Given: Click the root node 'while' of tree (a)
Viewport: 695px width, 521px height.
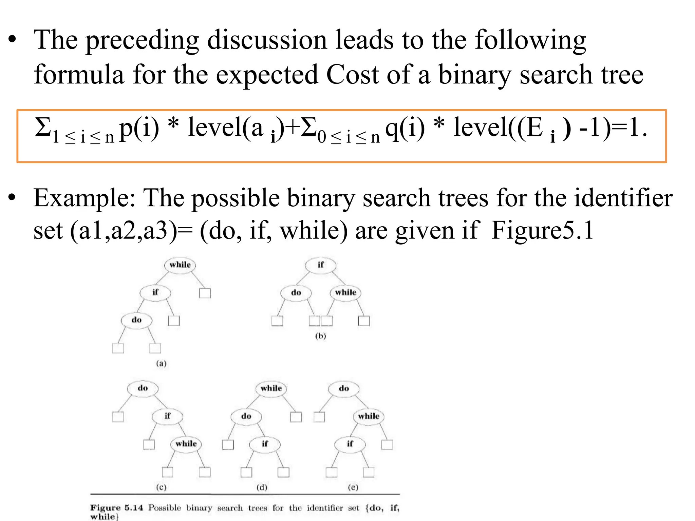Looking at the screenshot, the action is pyautogui.click(x=180, y=265).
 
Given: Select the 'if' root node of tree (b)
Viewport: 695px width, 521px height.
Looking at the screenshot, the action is pyautogui.click(x=321, y=265).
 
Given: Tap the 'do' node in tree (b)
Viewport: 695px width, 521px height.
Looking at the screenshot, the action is pyautogui.click(x=296, y=293).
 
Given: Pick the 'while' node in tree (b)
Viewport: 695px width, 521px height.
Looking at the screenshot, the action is pyautogui.click(x=345, y=293).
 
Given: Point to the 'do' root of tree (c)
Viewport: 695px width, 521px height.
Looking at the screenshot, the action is pyautogui.click(x=143, y=388).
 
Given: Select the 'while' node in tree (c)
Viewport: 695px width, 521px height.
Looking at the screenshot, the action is pyautogui.click(x=186, y=444).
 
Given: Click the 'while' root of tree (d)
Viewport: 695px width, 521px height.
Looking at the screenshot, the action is pyautogui.click(x=271, y=388).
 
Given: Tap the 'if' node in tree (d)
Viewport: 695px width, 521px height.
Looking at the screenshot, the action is pyautogui.click(x=265, y=444).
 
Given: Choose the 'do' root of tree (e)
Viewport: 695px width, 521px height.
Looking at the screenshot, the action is pyautogui.click(x=344, y=388).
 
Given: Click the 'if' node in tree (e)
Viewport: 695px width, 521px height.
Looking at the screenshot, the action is pyautogui.click(x=350, y=444).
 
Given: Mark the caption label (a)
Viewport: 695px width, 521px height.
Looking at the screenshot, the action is pyautogui.click(x=161, y=364).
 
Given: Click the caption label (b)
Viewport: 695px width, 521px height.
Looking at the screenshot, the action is pyautogui.click(x=320, y=336).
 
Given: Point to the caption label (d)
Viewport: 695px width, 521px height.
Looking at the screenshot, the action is pyautogui.click(x=262, y=487).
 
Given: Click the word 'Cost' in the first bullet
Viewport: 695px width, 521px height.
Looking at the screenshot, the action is pyautogui.click(x=352, y=75).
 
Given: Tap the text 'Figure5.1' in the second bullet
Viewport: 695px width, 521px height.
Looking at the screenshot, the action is pyautogui.click(x=542, y=231).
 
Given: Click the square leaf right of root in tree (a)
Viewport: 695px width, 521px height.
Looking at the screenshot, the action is pyautogui.click(x=205, y=293).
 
